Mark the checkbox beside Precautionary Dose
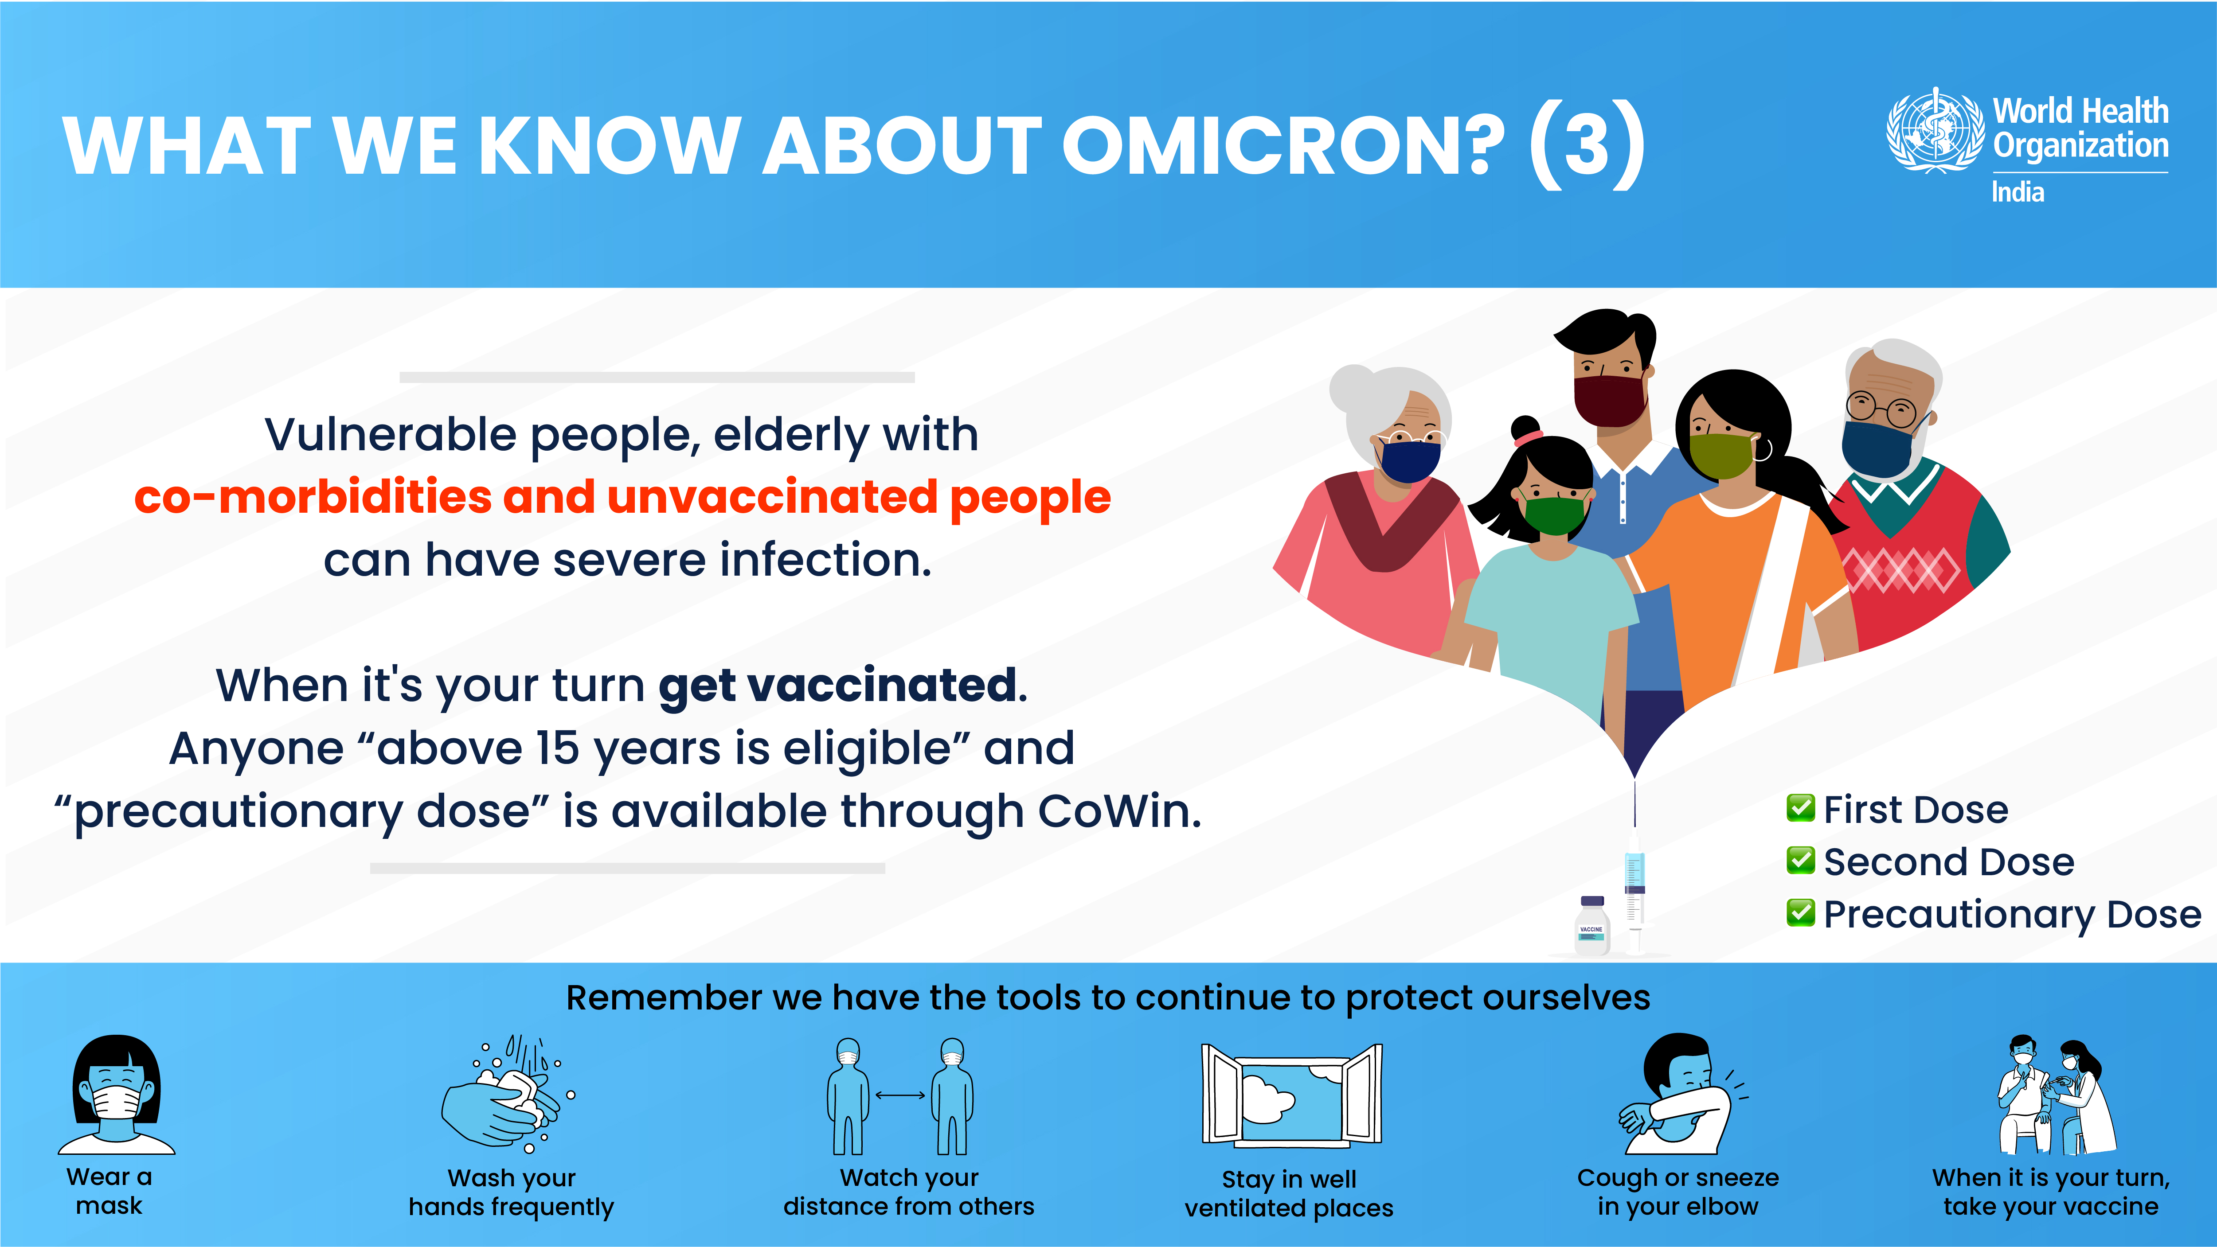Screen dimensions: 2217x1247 coord(1800,912)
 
